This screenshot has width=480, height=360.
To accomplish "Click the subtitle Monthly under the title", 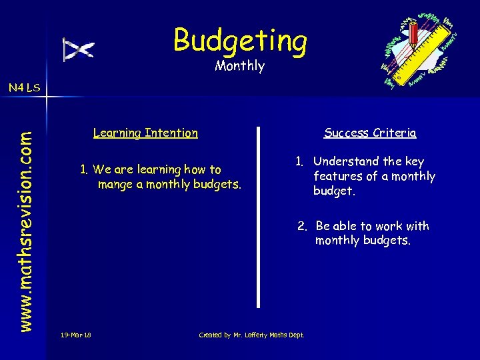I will [x=239, y=66].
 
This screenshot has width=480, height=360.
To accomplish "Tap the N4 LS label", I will [x=24, y=87].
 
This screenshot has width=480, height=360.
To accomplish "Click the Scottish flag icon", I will [x=79, y=49].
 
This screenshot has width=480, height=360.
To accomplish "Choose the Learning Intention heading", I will [x=145, y=133].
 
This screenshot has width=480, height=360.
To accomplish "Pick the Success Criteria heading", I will [x=370, y=133].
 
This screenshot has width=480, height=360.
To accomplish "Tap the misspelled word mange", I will [x=115, y=185].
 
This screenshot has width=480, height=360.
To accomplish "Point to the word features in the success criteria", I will [x=338, y=177].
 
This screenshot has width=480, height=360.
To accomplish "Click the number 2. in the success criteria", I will [x=303, y=226].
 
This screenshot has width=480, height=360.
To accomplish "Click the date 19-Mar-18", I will [x=75, y=335].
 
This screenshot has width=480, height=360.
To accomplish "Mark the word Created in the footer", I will [x=211, y=335].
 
